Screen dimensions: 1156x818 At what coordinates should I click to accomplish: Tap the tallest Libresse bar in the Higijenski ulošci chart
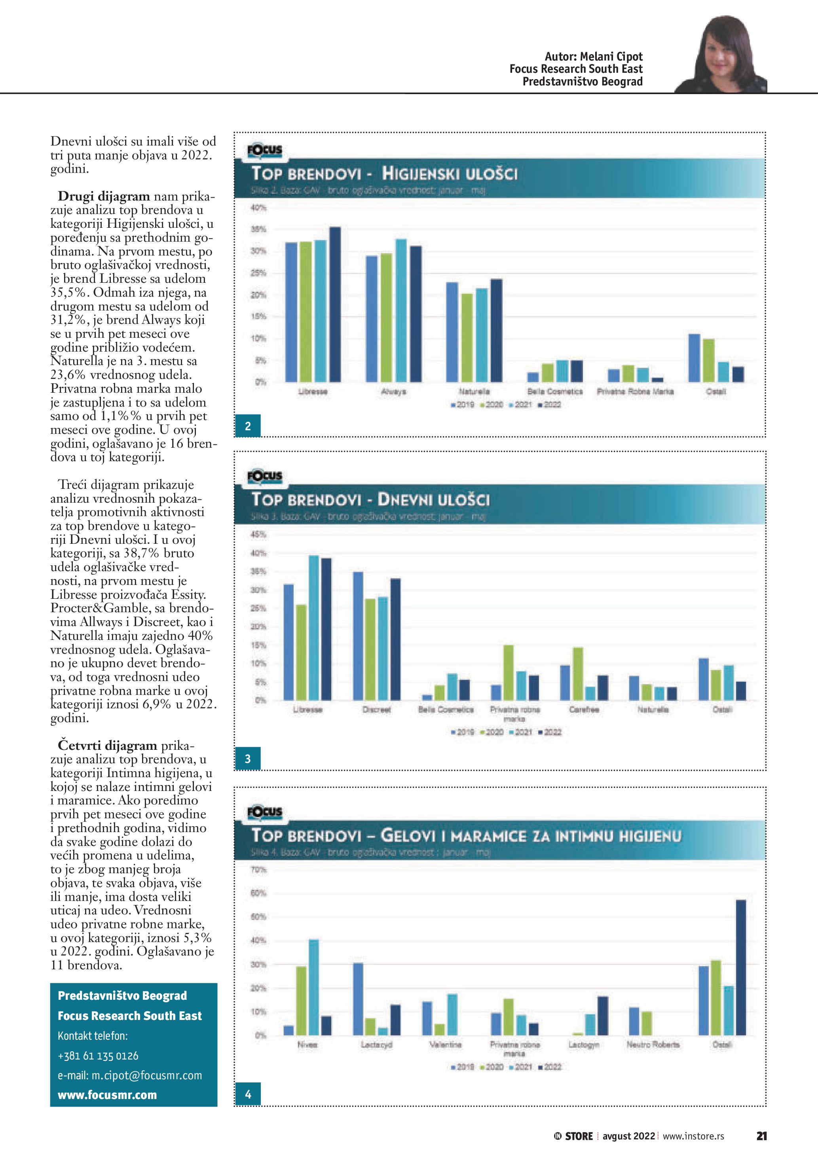(334, 305)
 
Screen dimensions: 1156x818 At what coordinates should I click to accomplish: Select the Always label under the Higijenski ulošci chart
(393, 392)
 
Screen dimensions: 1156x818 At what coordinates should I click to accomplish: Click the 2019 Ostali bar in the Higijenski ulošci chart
(694, 358)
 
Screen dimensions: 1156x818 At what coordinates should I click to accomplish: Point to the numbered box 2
(248, 426)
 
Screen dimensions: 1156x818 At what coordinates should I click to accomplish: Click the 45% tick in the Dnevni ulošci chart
(258, 534)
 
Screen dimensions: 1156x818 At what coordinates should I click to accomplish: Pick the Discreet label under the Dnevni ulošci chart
(377, 709)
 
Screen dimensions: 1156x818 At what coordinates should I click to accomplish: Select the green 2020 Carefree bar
(578, 674)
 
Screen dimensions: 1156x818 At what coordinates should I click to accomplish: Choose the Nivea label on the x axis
(307, 1045)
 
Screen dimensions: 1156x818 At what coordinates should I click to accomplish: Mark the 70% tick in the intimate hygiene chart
(258, 870)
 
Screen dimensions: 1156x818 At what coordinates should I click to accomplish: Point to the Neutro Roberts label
(653, 1045)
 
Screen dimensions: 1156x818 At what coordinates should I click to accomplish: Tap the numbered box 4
(248, 1094)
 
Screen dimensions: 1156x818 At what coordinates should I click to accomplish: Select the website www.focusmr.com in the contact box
(107, 1095)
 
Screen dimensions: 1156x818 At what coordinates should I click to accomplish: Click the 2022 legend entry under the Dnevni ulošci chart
(550, 732)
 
